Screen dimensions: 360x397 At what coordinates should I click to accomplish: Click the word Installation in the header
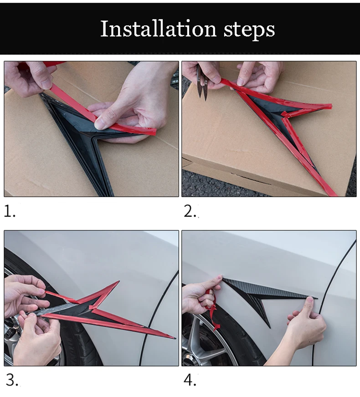pos(158,29)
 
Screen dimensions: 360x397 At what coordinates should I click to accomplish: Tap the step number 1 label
pos(10,211)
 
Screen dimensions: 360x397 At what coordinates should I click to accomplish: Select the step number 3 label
pos(12,380)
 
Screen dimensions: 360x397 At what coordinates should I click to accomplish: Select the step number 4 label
pos(190,380)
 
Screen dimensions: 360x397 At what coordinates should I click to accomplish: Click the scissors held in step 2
pos(202,82)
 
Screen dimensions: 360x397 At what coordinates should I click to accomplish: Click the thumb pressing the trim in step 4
pos(309,303)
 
